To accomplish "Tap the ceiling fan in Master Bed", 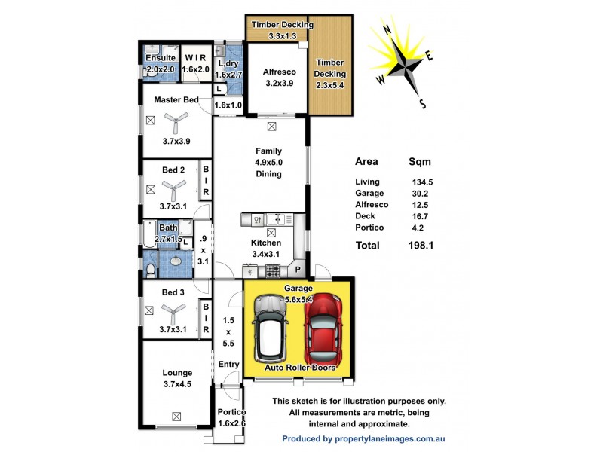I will pyautogui.click(x=177, y=118).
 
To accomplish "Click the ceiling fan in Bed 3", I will pyautogui.click(x=175, y=309).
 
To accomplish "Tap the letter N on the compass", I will pyautogui.click(x=386, y=30).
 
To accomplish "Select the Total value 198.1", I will pyautogui.click(x=421, y=245).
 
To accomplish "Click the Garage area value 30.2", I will pyautogui.click(x=418, y=193).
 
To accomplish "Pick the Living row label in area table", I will pyautogui.click(x=368, y=182).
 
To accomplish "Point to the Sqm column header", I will pyautogui.click(x=419, y=161).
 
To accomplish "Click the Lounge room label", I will pyautogui.click(x=177, y=372).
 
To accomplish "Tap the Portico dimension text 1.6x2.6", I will pyautogui.click(x=231, y=423).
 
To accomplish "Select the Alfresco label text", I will pyautogui.click(x=277, y=72).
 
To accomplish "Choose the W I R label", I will pyautogui.click(x=195, y=57).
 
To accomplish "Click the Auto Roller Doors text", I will pyautogui.click(x=299, y=368).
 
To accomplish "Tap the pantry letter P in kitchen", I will pyautogui.click(x=298, y=269).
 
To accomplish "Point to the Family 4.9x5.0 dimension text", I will pyautogui.click(x=268, y=162).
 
